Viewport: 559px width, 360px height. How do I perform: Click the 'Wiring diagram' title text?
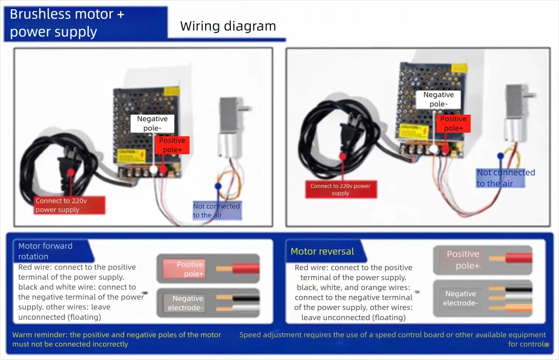click(x=228, y=26)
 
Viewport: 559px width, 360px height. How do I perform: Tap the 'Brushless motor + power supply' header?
click(x=67, y=23)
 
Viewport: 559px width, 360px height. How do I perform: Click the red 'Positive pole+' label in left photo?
click(x=172, y=145)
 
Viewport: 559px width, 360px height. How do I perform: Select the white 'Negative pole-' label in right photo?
click(x=438, y=100)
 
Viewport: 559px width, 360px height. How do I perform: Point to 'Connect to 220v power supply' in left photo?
click(x=69, y=205)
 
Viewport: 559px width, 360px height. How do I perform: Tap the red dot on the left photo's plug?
click(x=71, y=172)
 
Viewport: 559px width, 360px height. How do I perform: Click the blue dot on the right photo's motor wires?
click(x=501, y=155)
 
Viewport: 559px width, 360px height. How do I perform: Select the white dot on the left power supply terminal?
click(x=153, y=170)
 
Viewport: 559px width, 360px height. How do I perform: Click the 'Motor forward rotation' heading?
click(x=45, y=251)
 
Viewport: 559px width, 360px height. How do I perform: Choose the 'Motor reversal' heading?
click(x=322, y=252)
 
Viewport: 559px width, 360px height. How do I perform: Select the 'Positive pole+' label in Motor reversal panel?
click(x=463, y=260)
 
